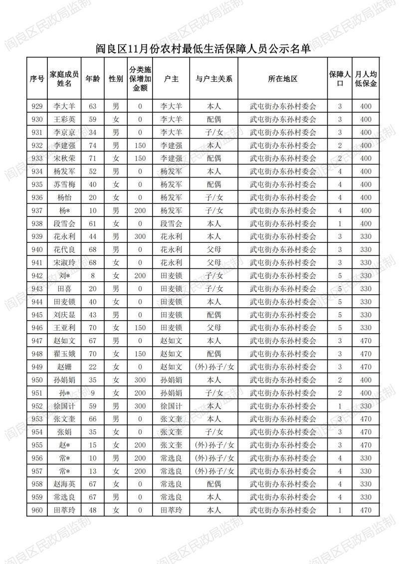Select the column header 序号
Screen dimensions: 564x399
37,79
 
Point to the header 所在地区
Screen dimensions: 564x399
282,79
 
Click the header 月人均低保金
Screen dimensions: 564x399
366,79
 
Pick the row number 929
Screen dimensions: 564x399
37,106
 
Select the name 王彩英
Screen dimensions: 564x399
64,119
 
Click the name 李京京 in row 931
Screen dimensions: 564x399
64,132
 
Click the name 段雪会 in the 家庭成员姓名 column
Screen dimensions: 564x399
64,223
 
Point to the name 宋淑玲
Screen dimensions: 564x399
64,262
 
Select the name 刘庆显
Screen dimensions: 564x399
64,315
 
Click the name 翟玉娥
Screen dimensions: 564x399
64,354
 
